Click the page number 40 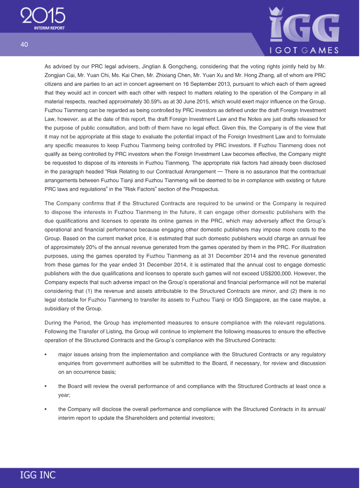(x=24, y=44)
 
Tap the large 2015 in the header (x=43, y=16)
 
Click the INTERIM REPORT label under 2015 (x=49, y=28)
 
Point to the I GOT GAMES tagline (x=304, y=50)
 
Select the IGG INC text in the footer (x=38, y=475)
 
